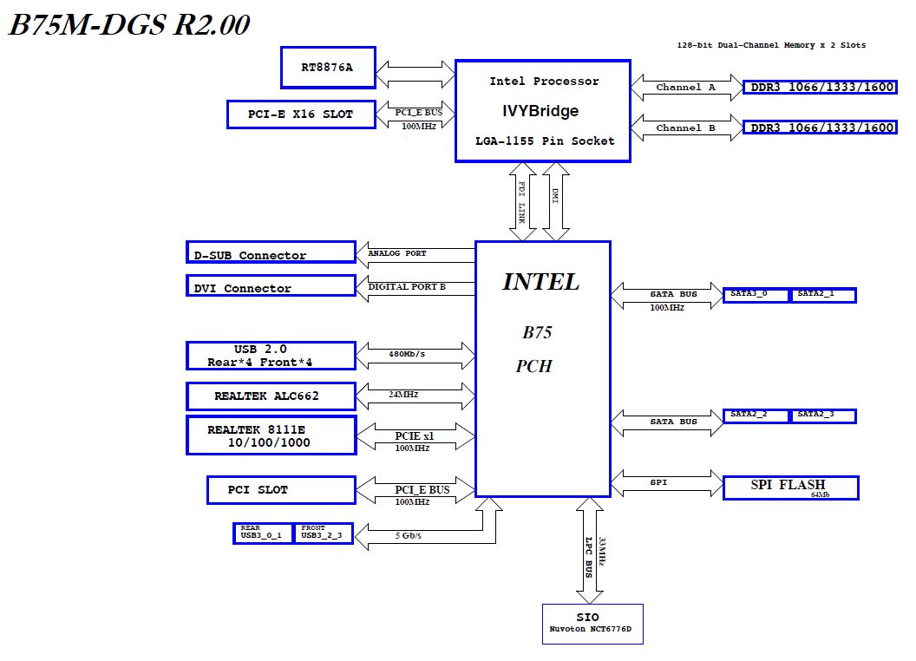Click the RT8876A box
tap(328, 68)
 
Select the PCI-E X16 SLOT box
tap(301, 115)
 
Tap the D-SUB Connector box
tap(271, 252)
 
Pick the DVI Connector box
tap(271, 286)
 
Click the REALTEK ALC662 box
tap(271, 396)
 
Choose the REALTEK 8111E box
tap(271, 435)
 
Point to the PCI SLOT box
tap(280, 490)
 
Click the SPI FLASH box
tap(790, 488)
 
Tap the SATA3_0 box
tap(756, 295)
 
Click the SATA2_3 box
tap(822, 416)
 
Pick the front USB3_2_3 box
tap(324, 533)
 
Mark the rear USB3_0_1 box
tap(264, 533)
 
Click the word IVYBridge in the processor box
tap(540, 111)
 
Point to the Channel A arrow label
tap(685, 88)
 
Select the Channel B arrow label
tap(685, 128)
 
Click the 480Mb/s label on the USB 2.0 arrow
tap(408, 354)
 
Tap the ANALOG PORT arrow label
tap(397, 253)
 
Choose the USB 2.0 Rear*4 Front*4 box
tap(271, 356)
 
